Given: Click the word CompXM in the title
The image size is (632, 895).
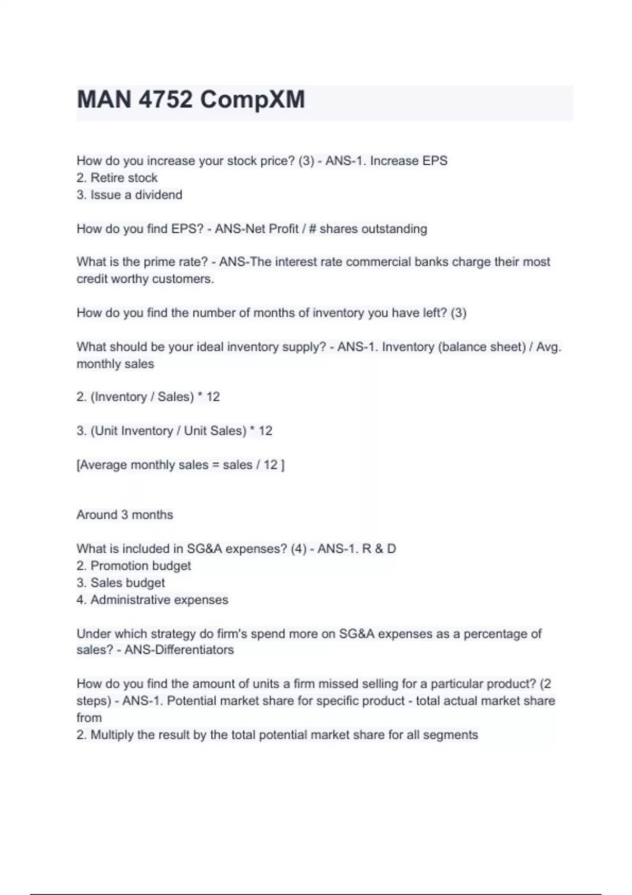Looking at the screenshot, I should pyautogui.click(x=252, y=100).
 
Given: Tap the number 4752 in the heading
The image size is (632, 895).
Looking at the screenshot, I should pyautogui.click(x=165, y=100).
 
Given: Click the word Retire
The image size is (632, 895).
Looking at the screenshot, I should pyautogui.click(x=108, y=178).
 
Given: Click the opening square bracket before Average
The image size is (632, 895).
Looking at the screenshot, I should pyautogui.click(x=78, y=465).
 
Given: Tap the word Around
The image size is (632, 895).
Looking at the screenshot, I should pyautogui.click(x=97, y=514).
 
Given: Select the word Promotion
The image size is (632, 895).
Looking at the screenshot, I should pyautogui.click(x=115, y=566).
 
